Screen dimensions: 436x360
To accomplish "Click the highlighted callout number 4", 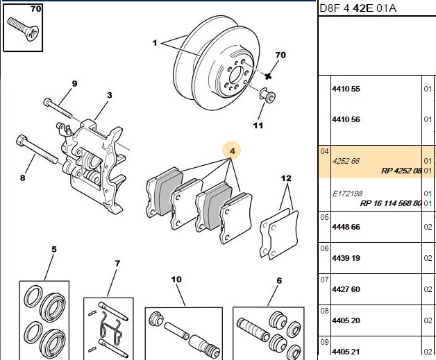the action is point(232,151).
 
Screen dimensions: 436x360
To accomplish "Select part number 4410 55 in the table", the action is point(346,89).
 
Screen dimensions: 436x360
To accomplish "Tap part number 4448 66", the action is point(346,227).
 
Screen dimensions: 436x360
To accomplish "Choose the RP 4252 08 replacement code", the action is point(401,171).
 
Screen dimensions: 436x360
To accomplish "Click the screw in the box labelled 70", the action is point(23,29).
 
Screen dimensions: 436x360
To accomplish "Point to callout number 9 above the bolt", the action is point(74,84).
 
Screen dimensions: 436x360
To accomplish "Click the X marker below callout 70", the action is point(268,76).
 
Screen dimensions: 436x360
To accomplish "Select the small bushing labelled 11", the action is point(267,95).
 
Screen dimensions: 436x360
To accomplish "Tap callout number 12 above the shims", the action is point(286,178).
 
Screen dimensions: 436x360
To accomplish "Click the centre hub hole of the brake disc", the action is point(235,74).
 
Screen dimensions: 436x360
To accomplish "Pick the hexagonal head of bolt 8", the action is point(22,140).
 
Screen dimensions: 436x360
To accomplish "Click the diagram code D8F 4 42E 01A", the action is point(358,8).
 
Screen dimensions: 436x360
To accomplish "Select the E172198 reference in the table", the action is point(347,194).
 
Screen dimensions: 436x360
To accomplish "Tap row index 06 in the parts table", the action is point(324,248).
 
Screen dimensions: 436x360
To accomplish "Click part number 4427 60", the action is point(346,289).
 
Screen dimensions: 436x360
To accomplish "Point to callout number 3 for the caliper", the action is point(110,95).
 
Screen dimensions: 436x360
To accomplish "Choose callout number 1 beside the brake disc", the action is point(155,43).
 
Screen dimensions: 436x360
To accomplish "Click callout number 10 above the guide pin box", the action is point(176,279).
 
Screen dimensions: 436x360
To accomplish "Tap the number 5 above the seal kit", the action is point(54,249).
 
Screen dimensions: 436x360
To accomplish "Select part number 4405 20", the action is point(346,320).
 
